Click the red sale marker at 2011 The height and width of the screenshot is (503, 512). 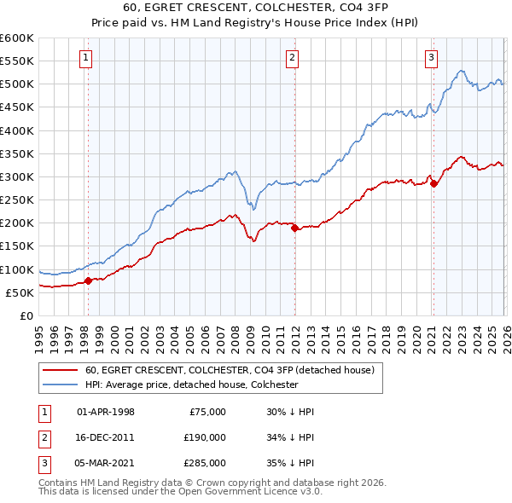(294, 228)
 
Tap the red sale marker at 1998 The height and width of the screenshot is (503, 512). (88, 280)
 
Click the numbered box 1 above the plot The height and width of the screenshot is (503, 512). (87, 58)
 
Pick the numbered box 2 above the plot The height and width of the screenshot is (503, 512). (292, 58)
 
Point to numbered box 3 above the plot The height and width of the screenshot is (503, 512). (431, 58)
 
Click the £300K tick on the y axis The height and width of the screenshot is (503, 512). (17, 176)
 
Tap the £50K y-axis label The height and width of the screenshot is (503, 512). (20, 292)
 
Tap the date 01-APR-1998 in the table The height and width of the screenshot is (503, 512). (106, 411)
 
